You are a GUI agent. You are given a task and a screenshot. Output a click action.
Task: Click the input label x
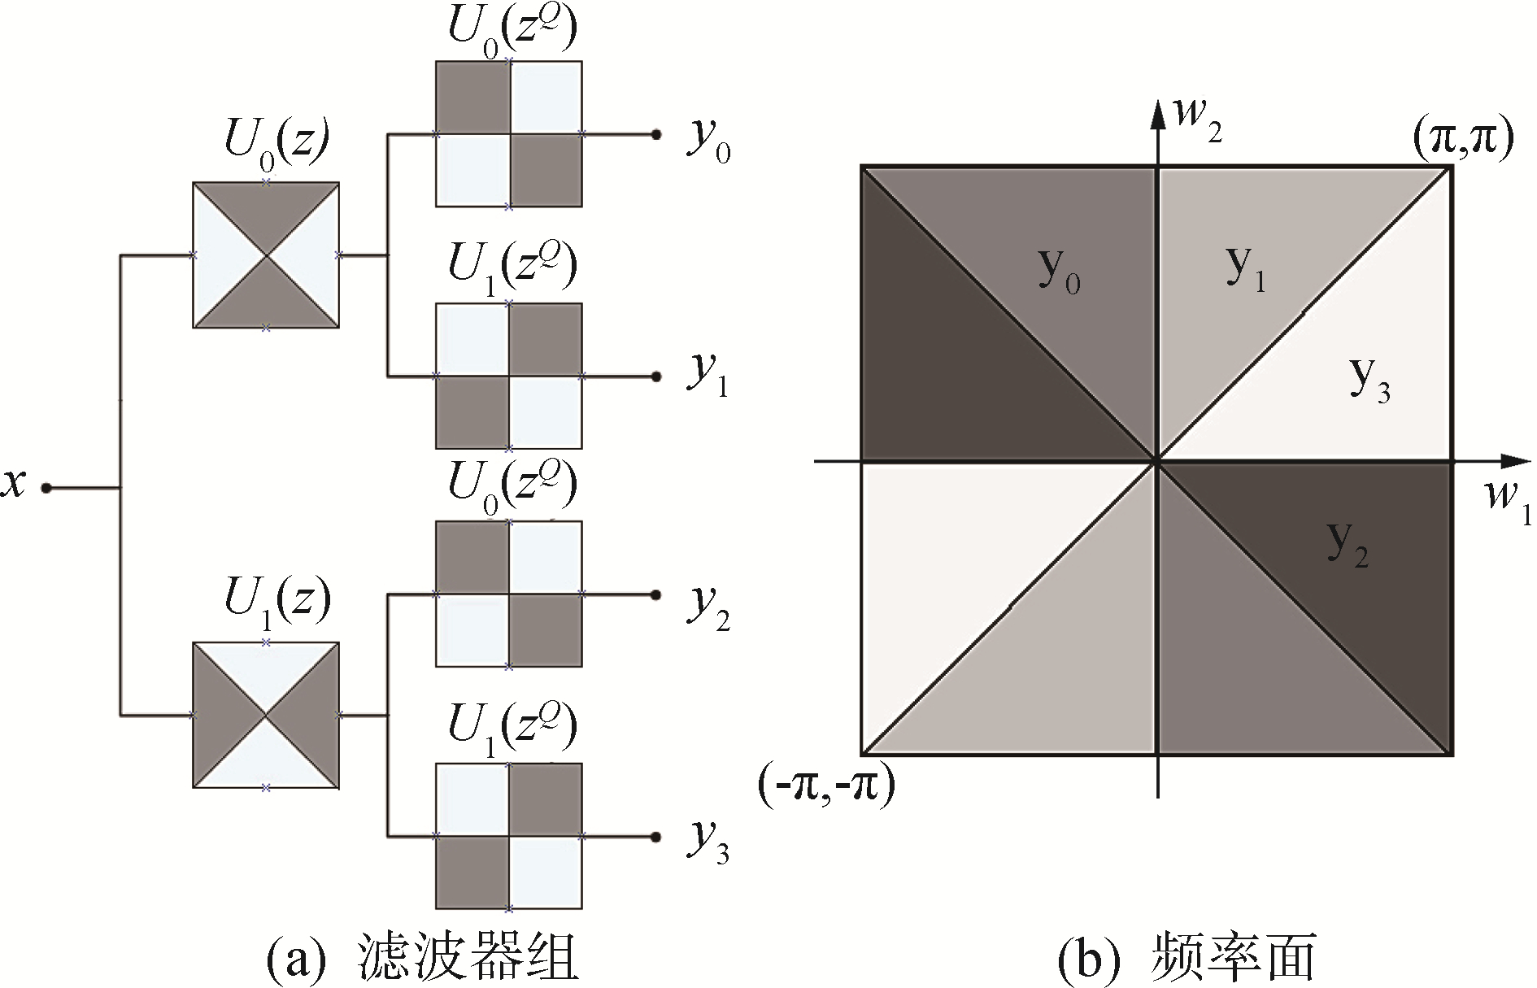15,485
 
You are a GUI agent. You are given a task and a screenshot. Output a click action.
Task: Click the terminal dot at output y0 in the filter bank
655,134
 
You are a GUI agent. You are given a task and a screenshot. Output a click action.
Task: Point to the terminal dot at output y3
655,837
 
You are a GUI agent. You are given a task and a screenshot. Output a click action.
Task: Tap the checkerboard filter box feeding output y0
509,134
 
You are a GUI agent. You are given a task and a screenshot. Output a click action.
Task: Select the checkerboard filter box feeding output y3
509,836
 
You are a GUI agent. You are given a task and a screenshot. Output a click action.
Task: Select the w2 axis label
1195,120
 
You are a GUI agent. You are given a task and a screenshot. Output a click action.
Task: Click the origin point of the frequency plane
1156,463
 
